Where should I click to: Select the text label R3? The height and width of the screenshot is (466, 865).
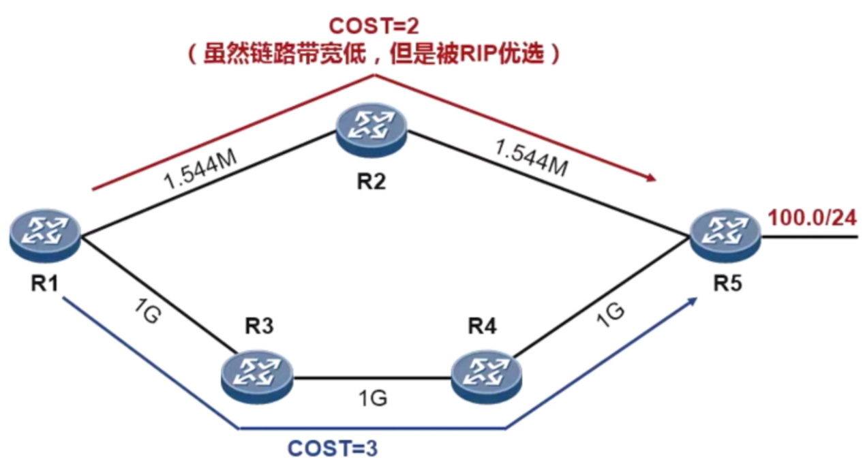259,327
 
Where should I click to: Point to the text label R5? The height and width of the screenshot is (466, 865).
727,284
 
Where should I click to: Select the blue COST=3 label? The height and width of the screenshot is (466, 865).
333,450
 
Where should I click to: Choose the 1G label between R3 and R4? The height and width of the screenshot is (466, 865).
372,397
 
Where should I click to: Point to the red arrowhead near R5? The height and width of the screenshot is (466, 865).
652,178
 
